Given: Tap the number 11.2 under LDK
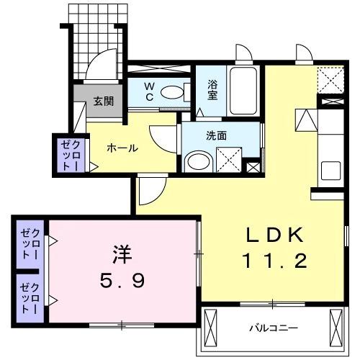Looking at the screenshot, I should coord(277,260).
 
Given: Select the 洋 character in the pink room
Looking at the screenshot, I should coord(121,253).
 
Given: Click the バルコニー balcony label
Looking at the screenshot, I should coord(274,328).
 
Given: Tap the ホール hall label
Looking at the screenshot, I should coord(122,148).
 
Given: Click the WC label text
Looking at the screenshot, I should coord(148,91).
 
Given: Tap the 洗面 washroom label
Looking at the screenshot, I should coord(217,134).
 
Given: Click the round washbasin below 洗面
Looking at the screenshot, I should coord(195,160).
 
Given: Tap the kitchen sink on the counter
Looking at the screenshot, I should coord(331,171).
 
